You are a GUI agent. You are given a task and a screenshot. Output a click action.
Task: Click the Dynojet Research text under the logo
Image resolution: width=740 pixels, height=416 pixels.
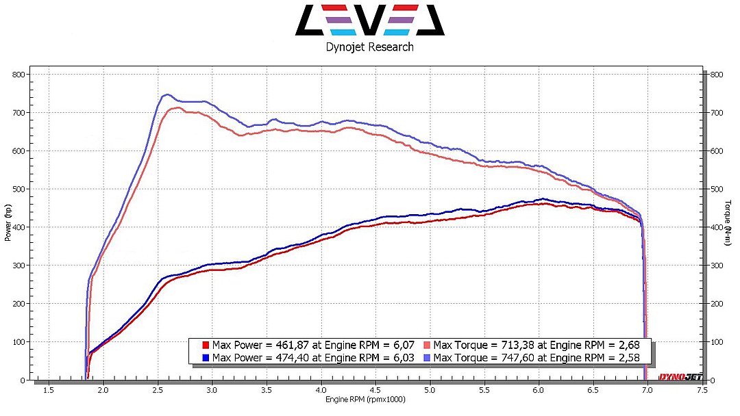(x=369, y=47)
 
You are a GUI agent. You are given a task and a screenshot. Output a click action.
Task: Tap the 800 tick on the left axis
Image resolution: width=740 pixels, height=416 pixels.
(x=18, y=74)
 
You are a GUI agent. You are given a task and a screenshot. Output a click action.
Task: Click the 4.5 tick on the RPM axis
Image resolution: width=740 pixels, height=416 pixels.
(x=375, y=391)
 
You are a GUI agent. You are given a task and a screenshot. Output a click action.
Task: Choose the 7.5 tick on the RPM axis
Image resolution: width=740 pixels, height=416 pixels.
(x=702, y=391)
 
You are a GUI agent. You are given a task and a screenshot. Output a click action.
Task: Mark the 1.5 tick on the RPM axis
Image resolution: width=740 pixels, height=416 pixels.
(x=49, y=391)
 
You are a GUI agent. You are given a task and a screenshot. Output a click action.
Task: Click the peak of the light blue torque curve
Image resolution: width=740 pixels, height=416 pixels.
(x=166, y=94)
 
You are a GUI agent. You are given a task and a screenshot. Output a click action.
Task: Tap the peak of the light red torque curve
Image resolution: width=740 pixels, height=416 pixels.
(x=177, y=107)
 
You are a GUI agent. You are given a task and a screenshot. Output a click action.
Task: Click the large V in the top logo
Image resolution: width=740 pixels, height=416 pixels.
(x=370, y=19)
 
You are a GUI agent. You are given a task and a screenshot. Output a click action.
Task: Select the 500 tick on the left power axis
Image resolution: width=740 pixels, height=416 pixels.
(x=18, y=189)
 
